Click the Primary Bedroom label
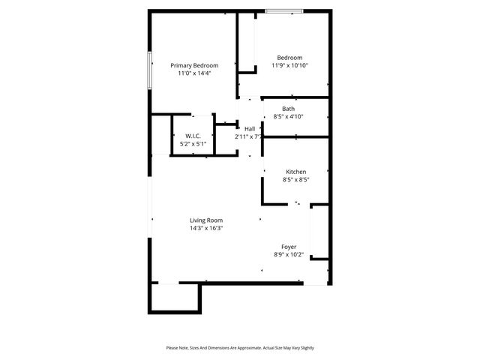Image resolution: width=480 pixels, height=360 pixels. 194,65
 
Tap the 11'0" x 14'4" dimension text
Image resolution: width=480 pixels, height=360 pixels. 194,73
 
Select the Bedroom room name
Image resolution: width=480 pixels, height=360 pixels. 289,58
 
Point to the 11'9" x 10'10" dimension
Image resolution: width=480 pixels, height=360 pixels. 289,66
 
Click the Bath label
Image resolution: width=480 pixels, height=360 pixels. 288,109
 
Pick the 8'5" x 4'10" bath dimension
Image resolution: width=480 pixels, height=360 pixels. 288,116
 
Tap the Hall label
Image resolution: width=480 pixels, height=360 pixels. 249,129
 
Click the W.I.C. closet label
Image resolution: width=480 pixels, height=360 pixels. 193,136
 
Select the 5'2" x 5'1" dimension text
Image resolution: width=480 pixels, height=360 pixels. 193,143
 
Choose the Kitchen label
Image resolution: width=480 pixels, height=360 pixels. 295,172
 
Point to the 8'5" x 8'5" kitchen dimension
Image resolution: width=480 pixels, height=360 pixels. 295,180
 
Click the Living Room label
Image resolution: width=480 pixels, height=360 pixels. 205,220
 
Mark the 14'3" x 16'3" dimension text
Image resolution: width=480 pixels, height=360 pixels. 205,228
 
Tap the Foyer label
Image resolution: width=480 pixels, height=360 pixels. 289,247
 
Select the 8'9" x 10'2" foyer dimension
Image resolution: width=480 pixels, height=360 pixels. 289,255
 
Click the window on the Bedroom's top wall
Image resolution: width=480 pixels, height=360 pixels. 284,11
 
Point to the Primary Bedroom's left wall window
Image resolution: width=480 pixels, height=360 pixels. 150,71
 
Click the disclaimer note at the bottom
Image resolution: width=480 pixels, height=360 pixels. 240,348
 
